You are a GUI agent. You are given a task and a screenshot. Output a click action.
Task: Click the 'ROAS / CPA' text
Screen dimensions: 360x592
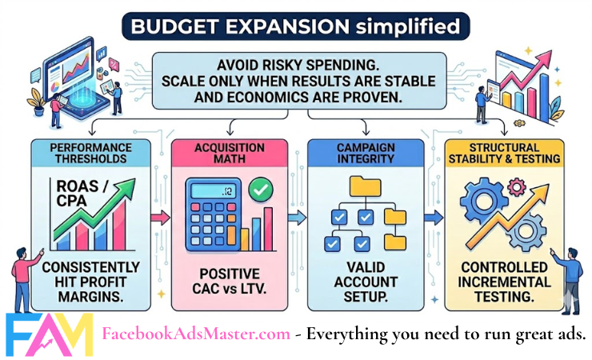78,191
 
